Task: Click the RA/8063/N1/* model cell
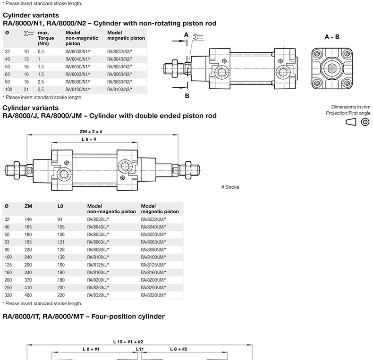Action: (78, 74)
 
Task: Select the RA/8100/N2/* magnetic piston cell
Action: (119, 89)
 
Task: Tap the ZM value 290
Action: (28, 265)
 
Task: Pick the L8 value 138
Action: (61, 257)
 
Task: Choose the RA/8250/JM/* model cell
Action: (153, 287)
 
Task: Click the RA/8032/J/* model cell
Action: (98, 219)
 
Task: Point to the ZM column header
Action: (28, 206)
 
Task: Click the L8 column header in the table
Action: (60, 206)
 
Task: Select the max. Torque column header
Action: (46, 38)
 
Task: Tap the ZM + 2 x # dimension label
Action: (91, 132)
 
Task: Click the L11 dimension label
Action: (140, 349)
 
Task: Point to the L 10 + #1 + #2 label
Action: (128, 342)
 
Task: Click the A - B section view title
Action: (332, 37)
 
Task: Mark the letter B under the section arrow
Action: (187, 96)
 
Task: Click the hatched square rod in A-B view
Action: (332, 68)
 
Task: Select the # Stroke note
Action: (230, 187)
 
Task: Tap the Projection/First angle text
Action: (348, 113)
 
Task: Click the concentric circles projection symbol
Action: (365, 122)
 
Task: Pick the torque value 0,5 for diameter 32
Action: (41, 51)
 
